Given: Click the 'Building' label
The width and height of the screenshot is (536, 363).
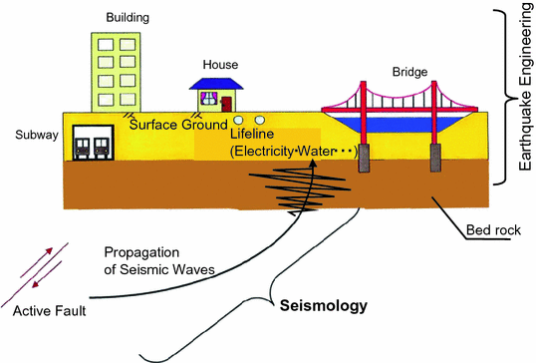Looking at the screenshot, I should click(129, 18).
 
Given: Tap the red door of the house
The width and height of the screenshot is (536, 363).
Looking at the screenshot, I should click(228, 102).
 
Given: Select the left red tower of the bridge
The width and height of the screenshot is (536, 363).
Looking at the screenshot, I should click(365, 115).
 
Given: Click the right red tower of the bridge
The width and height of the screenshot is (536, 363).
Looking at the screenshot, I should click(435, 115).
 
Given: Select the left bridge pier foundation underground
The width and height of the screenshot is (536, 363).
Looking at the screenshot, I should click(365, 157).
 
